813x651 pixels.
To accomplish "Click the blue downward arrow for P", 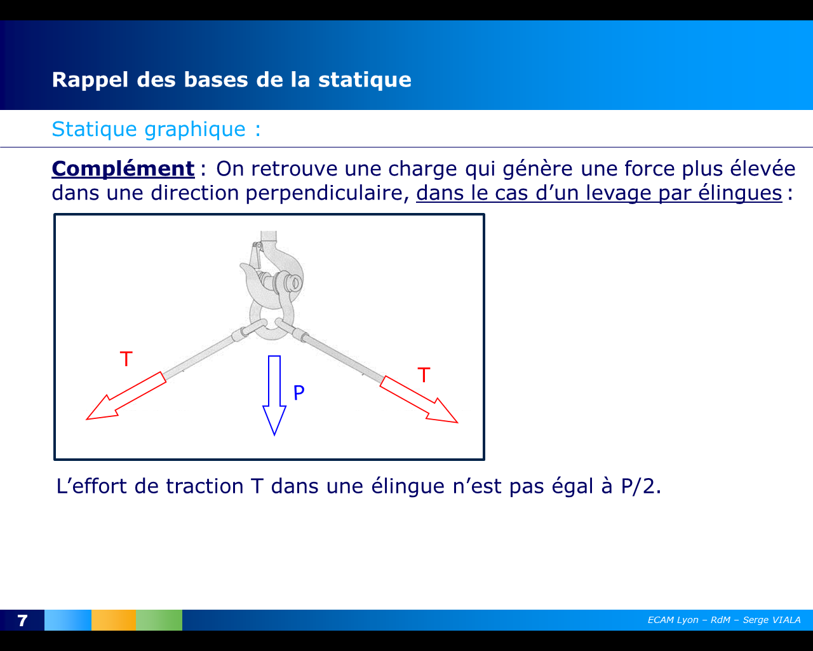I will click(x=274, y=394).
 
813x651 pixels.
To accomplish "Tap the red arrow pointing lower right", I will click(x=419, y=400).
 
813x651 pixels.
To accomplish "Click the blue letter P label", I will click(x=299, y=393).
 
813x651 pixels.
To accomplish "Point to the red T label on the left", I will click(x=126, y=359).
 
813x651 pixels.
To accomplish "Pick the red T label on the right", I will click(x=424, y=375).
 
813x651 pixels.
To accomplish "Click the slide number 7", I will click(x=22, y=620).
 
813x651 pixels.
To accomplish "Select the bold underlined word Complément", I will click(x=123, y=168).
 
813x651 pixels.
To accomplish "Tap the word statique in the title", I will click(x=365, y=79).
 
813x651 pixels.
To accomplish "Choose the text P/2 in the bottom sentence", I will click(x=640, y=486).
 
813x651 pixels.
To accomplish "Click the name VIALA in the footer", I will click(x=786, y=620).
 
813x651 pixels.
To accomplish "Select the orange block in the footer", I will click(x=113, y=620).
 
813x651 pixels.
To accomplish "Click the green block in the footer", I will click(x=159, y=620).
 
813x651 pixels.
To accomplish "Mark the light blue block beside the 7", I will click(x=68, y=620).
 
